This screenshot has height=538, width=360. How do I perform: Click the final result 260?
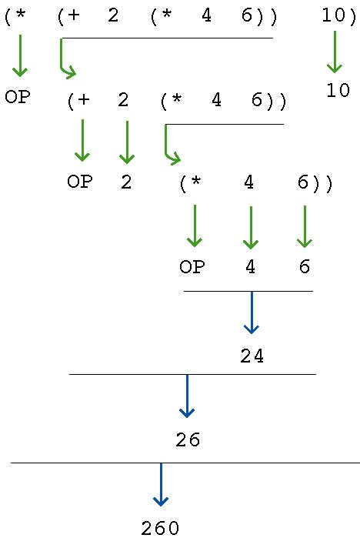point(160,528)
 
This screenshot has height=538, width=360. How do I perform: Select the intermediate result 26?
point(187,440)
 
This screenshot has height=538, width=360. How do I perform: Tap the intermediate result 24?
point(252,357)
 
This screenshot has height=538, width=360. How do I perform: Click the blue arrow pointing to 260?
point(160,485)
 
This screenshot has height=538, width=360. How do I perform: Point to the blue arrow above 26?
point(187,396)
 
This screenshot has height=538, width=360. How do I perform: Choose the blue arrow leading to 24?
point(252,312)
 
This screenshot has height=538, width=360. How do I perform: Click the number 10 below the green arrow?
point(337,90)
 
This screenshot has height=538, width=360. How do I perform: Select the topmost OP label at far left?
point(17,98)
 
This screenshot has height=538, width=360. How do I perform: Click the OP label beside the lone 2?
point(79,182)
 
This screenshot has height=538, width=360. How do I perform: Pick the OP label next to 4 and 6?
point(192,268)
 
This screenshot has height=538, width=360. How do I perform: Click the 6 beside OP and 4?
point(304,268)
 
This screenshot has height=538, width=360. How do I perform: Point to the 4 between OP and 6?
point(249,268)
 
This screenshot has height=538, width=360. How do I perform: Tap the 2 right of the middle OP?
point(126,182)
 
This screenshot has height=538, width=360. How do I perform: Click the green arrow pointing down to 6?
point(305,226)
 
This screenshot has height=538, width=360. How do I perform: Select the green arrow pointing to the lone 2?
point(127,142)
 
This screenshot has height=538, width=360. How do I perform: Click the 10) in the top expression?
point(338,15)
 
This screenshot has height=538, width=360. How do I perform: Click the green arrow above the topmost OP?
point(20,55)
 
